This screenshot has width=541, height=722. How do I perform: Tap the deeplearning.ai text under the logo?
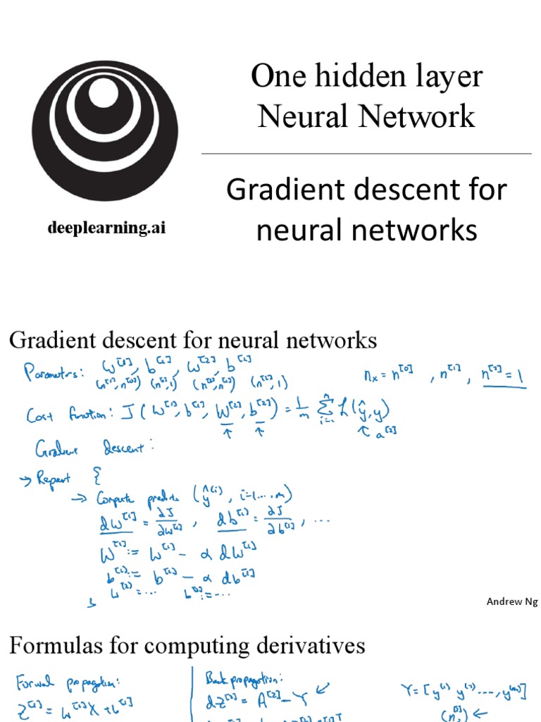coord(106,228)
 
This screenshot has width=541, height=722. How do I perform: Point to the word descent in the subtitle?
coord(381,190)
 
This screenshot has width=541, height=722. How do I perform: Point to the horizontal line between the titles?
coord(366,153)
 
